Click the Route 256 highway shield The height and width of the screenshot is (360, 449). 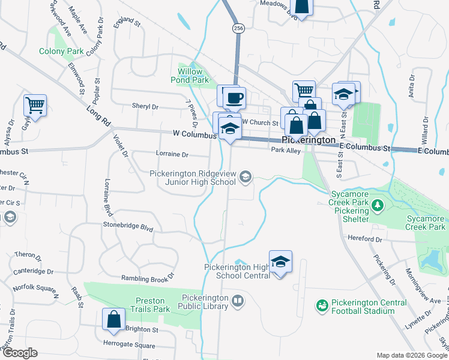(238, 28)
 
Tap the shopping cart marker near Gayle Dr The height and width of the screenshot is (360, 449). (35, 106)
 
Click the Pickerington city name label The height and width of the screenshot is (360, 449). (318, 140)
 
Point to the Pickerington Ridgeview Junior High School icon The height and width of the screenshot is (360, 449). (245, 176)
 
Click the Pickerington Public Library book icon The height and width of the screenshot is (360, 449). (238, 301)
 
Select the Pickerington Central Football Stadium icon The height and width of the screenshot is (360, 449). (323, 306)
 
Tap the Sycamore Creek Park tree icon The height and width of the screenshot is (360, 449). (378, 206)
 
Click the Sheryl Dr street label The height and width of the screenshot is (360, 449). (145, 106)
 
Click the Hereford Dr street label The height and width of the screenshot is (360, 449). (366, 239)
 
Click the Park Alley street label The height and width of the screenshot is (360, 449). (286, 151)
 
